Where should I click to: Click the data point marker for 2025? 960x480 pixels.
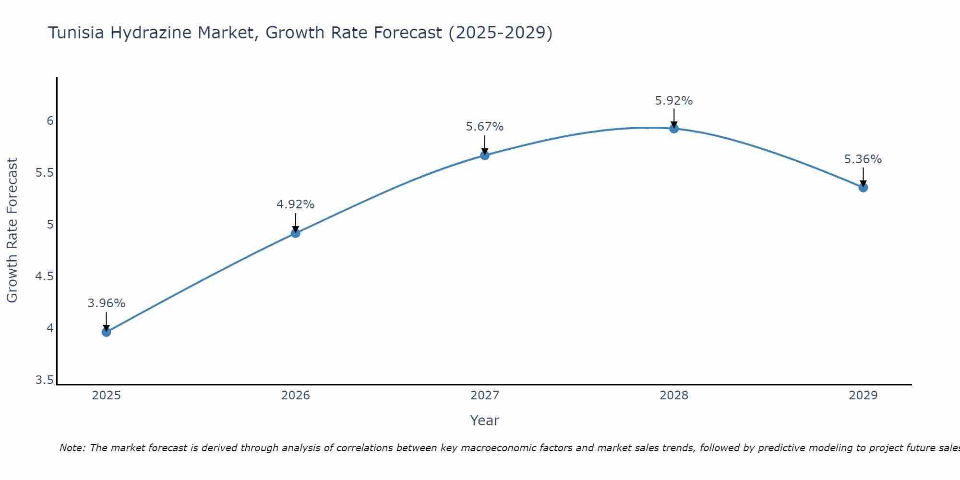[107, 332]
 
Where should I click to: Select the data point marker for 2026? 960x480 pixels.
[296, 233]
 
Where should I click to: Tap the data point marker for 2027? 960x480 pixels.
[485, 155]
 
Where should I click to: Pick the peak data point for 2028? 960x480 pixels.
[674, 129]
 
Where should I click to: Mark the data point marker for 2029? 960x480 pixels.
[863, 187]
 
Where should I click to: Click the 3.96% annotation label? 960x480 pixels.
[107, 303]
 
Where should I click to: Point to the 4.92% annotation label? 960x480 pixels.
[296, 204]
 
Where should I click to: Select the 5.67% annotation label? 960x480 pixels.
[485, 127]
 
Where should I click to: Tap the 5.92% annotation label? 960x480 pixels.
[674, 101]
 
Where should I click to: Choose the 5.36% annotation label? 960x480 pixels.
[863, 159]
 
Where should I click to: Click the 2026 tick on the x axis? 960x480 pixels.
[296, 396]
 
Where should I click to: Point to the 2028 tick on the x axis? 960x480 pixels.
[674, 396]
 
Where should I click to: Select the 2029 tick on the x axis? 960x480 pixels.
[863, 396]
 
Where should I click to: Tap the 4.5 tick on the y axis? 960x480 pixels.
[45, 276]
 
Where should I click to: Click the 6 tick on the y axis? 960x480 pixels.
[50, 121]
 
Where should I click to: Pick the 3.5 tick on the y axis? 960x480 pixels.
[45, 381]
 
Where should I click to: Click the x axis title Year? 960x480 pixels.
[485, 420]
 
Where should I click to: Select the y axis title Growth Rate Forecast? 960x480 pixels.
[12, 230]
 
